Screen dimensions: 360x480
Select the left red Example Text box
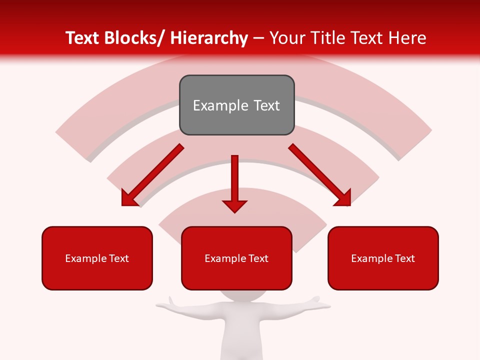[x=97, y=258]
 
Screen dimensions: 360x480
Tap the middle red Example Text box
[x=236, y=258]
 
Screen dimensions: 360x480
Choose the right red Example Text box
[x=383, y=258]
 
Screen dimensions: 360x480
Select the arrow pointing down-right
[x=319, y=175]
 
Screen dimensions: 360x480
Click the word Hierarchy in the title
[x=209, y=38]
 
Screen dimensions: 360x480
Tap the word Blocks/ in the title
[x=134, y=38]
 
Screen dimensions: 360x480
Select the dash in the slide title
[x=258, y=38]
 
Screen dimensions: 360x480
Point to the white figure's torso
[x=238, y=335]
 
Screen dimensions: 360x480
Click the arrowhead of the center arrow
[x=234, y=205]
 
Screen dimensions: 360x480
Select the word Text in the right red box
[x=404, y=258]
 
